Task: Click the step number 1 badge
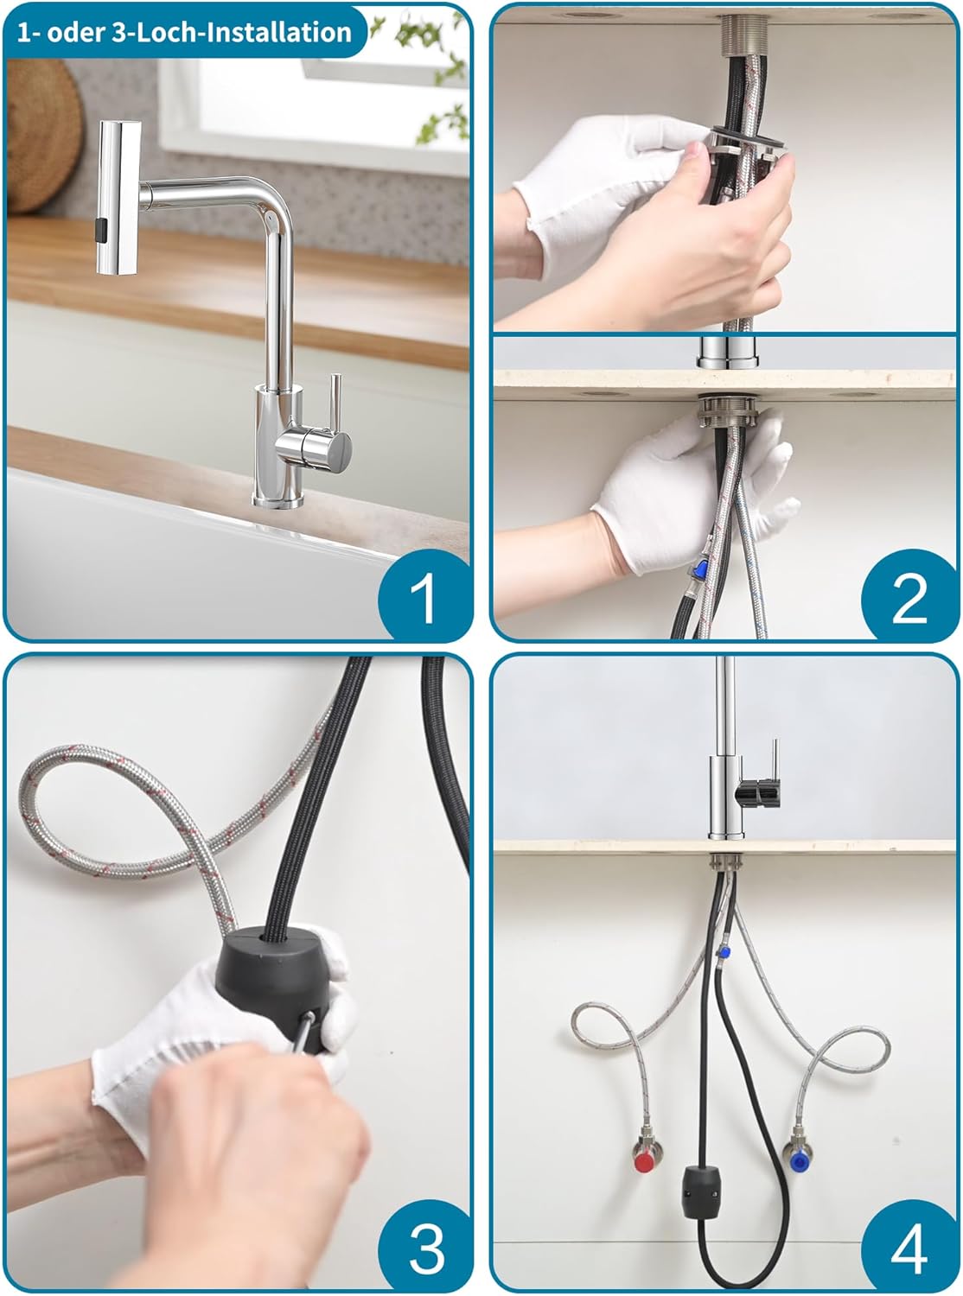pos(425,594)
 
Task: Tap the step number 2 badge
pos(909,594)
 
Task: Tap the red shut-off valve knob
pos(645,1163)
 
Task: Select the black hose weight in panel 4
pos(699,1189)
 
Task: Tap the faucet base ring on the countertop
pos(277,501)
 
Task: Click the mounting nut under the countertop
pos(728,412)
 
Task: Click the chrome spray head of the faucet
pos(118,198)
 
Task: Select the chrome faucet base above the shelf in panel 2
pos(727,353)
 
